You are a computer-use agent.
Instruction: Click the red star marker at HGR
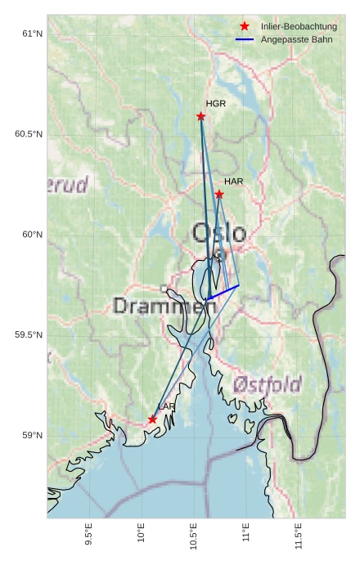(201, 116)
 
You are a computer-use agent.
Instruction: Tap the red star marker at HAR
(219, 194)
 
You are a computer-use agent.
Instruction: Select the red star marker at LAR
(153, 419)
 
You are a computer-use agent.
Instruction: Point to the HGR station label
(216, 104)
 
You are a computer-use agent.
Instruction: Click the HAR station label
(234, 181)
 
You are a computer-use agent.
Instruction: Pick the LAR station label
(167, 406)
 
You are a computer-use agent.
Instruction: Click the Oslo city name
(218, 233)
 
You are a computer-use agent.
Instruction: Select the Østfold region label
(268, 383)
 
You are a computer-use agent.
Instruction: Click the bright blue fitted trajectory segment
(224, 291)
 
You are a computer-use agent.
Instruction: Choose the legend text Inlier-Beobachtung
(299, 27)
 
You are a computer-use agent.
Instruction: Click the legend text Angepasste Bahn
(296, 39)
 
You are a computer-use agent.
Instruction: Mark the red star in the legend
(245, 27)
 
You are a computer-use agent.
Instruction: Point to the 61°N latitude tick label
(32, 34)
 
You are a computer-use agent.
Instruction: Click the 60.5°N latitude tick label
(29, 134)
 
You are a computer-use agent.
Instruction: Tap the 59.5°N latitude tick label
(29, 335)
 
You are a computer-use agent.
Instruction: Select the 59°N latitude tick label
(32, 436)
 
